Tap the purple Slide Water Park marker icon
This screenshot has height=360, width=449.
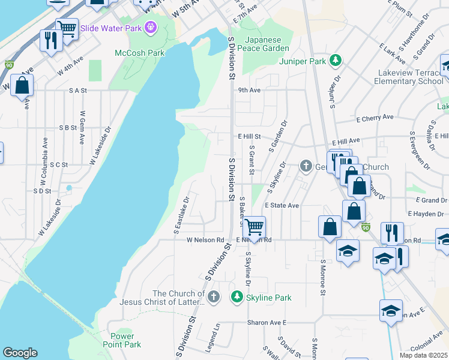tap(149, 26)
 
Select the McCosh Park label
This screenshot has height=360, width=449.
tap(140, 53)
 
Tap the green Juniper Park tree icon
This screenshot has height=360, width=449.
tap(336, 61)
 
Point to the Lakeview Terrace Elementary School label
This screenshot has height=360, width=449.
tap(410, 77)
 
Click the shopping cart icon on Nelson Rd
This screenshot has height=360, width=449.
tap(255, 227)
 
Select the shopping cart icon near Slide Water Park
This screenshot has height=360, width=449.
tap(67, 28)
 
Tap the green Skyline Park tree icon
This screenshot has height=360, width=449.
tap(237, 297)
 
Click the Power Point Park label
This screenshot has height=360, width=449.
tap(125, 340)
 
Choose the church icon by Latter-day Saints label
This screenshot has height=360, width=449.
tap(213, 297)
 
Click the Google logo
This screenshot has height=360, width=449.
tap(20, 353)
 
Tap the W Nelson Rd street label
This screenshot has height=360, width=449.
tap(205, 240)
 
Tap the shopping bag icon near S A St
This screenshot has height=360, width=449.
tap(22, 86)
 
